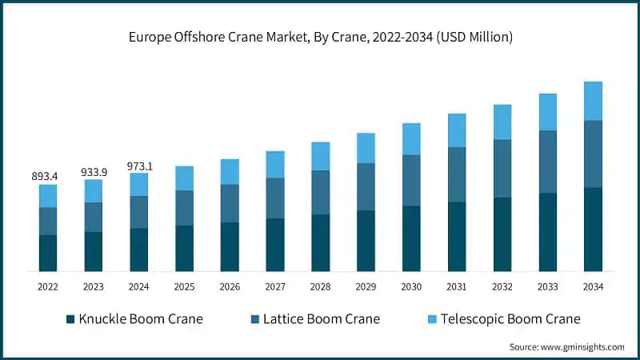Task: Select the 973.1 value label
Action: pos(139,166)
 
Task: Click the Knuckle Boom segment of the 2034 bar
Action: pos(593,230)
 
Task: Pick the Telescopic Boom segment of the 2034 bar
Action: pos(593,101)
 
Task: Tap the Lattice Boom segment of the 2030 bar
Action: pos(411,180)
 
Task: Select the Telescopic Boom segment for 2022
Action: pos(48,196)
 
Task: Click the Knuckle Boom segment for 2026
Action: pos(230,247)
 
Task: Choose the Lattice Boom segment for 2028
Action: pos(321,192)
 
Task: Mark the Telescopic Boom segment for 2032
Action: pos(502,122)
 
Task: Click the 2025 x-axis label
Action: pos(184,286)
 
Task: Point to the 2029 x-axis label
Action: pos(366,286)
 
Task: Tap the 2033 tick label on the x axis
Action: pos(547,286)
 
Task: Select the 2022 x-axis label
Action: pos(48,286)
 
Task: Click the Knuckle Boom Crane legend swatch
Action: pos(70,319)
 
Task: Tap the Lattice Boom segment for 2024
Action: pos(139,212)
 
